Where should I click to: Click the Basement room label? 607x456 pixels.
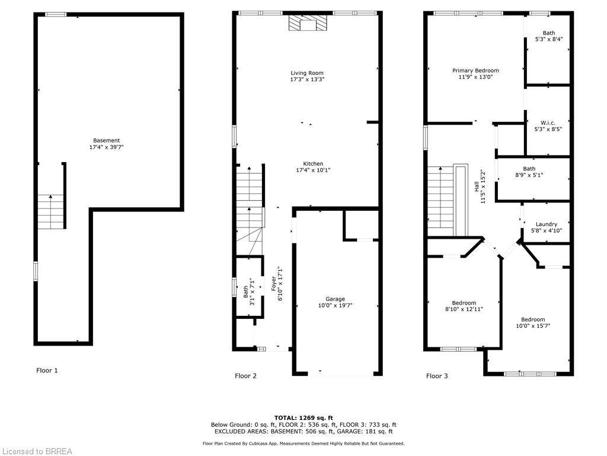(107, 140)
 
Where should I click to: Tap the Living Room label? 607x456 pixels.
(307, 73)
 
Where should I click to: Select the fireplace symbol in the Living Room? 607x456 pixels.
(308, 23)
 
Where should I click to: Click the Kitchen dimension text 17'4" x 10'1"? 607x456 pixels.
(313, 170)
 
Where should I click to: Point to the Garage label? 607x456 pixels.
(336, 299)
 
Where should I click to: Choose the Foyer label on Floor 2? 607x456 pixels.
(274, 283)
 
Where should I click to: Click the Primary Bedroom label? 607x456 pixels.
(476, 71)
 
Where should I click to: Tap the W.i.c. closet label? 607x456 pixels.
(548, 123)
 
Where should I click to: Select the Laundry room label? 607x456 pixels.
(547, 224)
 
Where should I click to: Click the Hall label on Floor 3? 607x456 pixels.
(477, 187)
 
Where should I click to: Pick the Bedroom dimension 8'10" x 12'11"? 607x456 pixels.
(464, 309)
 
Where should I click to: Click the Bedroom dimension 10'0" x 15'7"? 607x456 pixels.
(533, 326)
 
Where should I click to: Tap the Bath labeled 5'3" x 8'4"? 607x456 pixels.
(549, 36)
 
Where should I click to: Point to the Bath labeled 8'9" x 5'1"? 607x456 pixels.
(529, 172)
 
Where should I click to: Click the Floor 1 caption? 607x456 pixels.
(47, 370)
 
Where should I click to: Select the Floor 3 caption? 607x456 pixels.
(437, 376)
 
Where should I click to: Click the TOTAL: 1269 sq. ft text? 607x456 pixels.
(303, 418)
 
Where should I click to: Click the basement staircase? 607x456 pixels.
(51, 212)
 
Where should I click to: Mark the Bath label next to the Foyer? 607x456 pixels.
(246, 292)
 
